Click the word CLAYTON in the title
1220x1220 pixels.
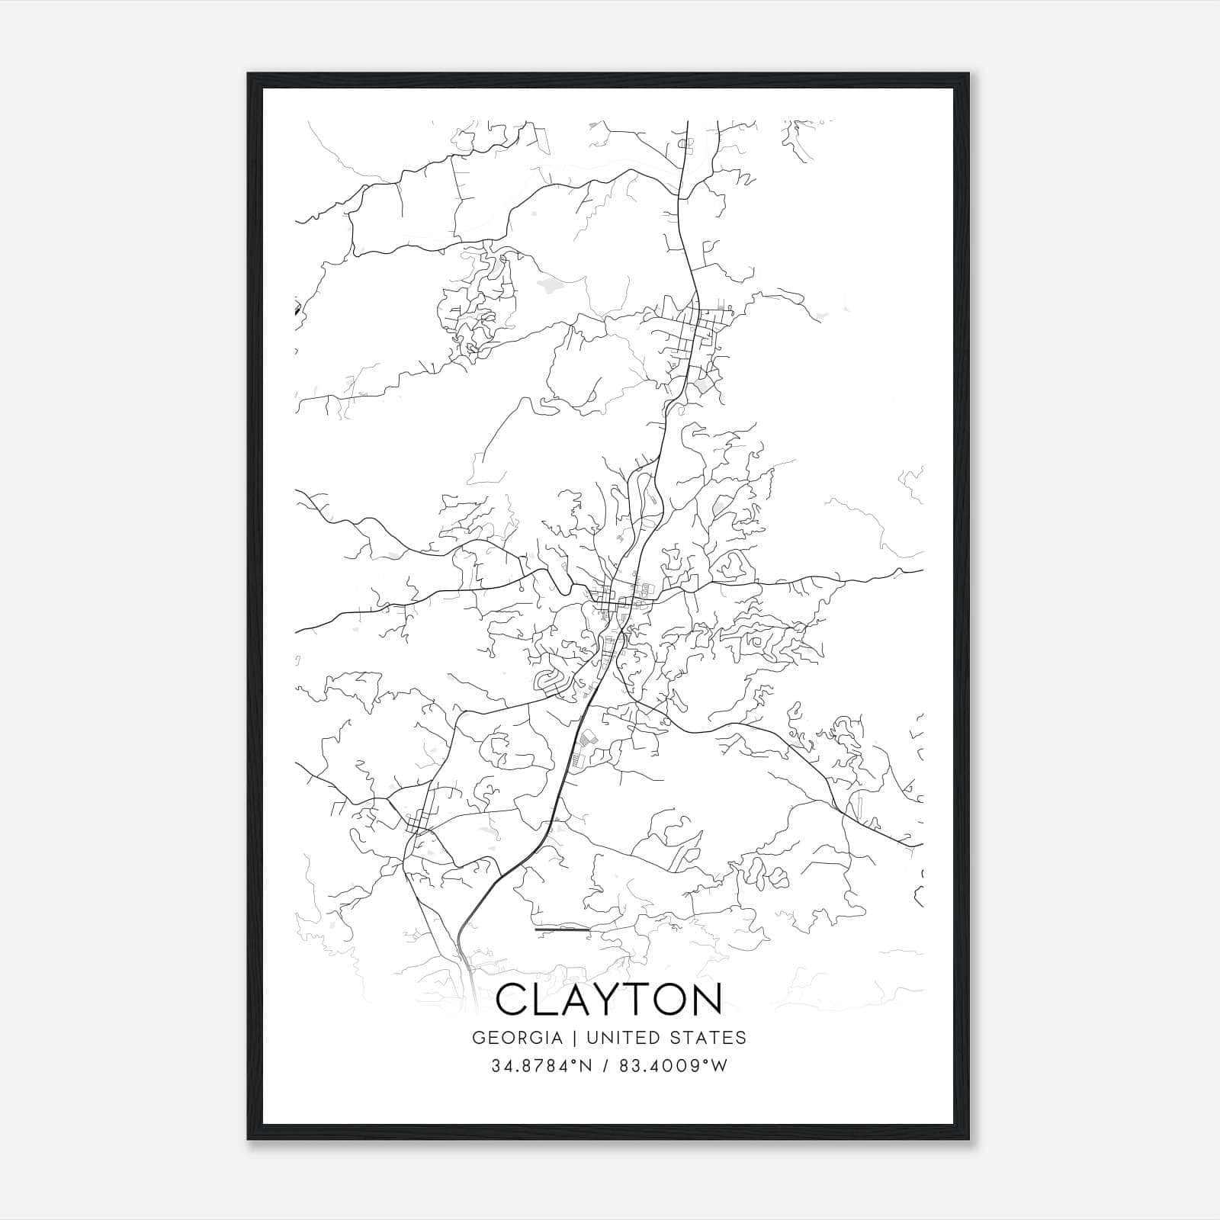(x=609, y=999)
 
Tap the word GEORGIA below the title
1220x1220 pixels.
(x=517, y=1038)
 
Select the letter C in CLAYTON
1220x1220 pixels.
(x=515, y=999)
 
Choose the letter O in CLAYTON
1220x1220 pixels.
(x=663, y=999)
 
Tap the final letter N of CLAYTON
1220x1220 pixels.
(x=705, y=999)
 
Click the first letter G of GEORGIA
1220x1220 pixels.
(x=479, y=1038)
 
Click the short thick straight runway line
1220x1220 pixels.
(x=563, y=930)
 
